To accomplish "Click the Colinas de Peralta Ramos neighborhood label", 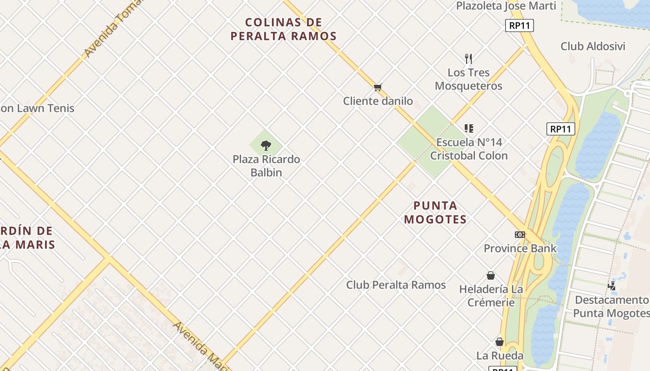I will click(283, 29).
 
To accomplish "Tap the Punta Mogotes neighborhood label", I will click(435, 212).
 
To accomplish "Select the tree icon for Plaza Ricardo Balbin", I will click(266, 146).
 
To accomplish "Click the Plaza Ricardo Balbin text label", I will click(266, 166).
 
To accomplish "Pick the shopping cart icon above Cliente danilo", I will click(377, 87).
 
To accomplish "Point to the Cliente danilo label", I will click(377, 101).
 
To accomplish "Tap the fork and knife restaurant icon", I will click(468, 59).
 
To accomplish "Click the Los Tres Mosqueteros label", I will click(468, 79).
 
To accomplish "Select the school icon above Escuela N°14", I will click(468, 128).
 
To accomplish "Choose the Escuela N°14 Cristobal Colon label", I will click(468, 148).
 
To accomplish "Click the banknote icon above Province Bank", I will click(520, 235).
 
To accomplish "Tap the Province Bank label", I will click(520, 248).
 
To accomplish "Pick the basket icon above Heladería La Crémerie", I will click(491, 275).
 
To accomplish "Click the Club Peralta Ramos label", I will click(396, 285).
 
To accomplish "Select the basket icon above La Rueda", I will click(500, 342).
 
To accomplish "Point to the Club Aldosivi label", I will click(592, 46).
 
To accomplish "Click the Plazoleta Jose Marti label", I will click(506, 6).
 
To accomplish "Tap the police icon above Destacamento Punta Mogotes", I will click(612, 286).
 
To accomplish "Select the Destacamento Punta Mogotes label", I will click(611, 306).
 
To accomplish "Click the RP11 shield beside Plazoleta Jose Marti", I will click(519, 26).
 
